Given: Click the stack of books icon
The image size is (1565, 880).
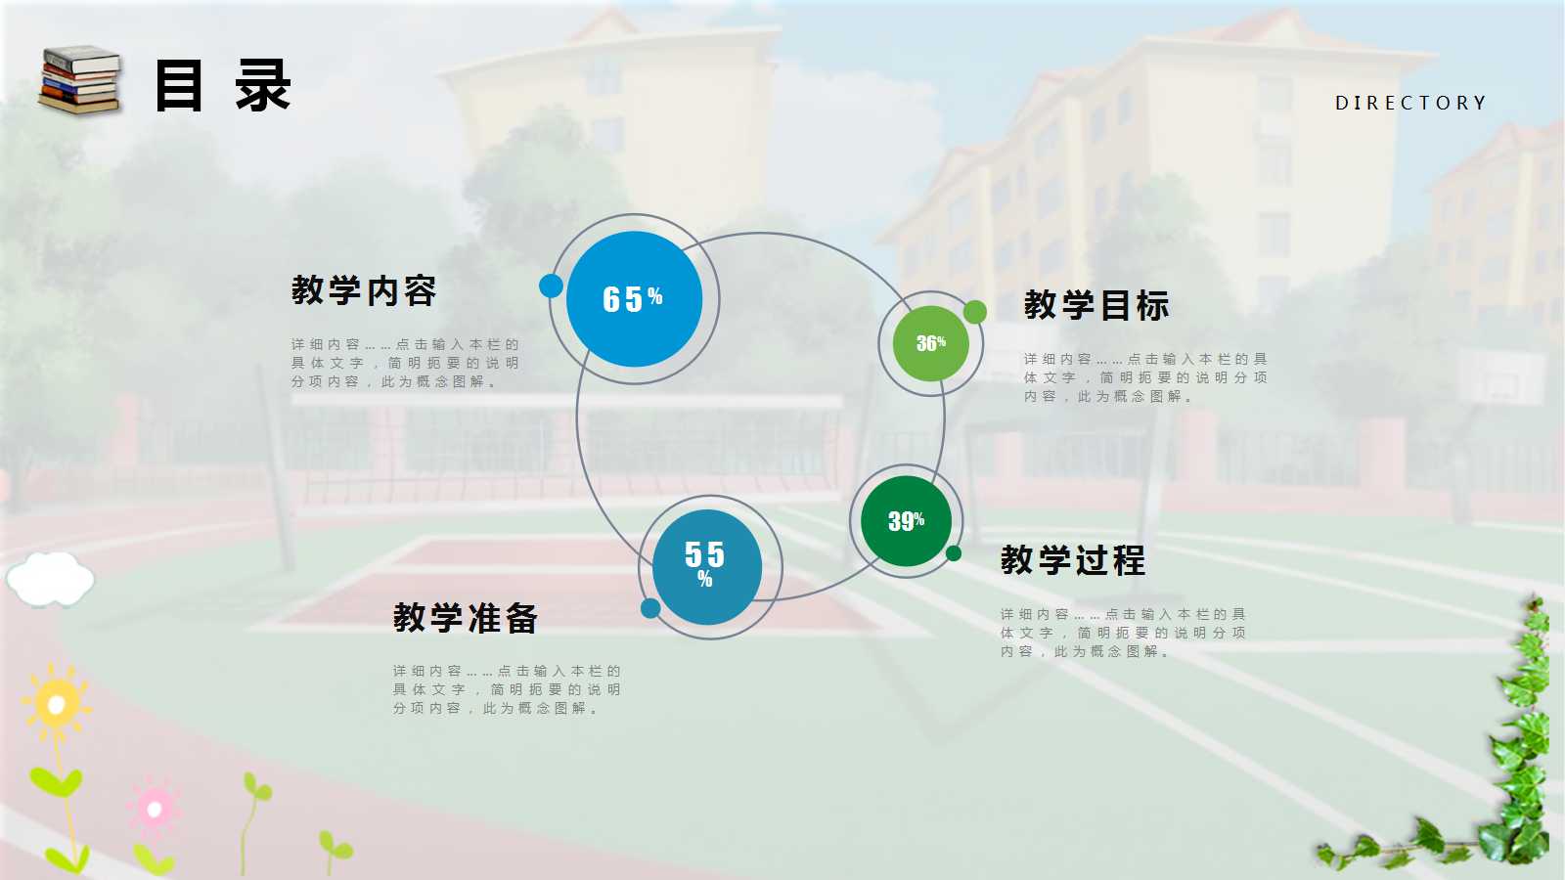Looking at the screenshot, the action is (x=79, y=80).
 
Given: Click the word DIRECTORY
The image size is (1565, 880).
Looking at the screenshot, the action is (x=1409, y=103).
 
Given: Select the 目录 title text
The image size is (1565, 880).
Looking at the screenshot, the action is (x=223, y=86).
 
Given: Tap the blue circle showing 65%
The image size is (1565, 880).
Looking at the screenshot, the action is (x=634, y=299).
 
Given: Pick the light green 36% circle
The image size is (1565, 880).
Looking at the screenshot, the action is (x=930, y=343).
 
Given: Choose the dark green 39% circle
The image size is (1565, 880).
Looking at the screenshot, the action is (x=906, y=521).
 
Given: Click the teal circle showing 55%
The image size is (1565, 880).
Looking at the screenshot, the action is (x=706, y=566).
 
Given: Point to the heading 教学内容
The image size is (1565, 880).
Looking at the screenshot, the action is (x=364, y=290).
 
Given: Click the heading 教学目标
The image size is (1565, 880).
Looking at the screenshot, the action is (x=1096, y=305).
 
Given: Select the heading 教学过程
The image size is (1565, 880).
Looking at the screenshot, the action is (x=1073, y=560).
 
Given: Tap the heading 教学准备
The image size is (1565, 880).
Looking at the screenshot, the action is (x=466, y=618).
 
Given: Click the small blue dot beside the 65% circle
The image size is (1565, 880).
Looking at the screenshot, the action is (x=551, y=286).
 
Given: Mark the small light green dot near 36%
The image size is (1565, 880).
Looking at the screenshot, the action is (x=974, y=312).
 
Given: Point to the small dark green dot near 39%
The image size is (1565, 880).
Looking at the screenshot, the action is (x=954, y=553).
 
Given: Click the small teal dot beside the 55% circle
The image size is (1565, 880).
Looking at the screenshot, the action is (x=650, y=609).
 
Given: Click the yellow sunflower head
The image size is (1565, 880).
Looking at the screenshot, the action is (x=55, y=702).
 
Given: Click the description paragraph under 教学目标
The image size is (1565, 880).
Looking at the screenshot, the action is (x=1144, y=377).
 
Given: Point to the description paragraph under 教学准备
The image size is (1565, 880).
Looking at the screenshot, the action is (x=506, y=689).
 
